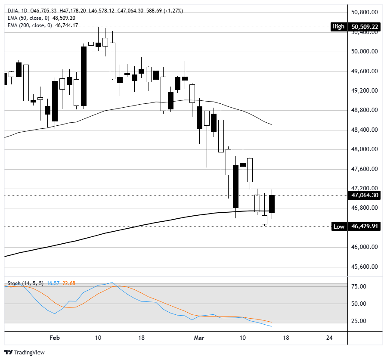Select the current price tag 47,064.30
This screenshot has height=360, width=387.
(x=365, y=196)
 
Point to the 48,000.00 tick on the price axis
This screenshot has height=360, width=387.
(x=365, y=149)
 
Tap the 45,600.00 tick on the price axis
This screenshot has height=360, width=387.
(x=365, y=267)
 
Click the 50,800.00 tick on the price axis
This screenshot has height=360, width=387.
(x=365, y=12)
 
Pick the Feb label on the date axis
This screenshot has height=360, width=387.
(x=54, y=338)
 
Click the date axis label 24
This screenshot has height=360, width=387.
(x=329, y=338)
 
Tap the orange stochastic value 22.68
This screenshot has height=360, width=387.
(x=69, y=283)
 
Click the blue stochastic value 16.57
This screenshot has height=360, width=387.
(x=53, y=283)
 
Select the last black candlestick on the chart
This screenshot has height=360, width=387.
(x=272, y=204)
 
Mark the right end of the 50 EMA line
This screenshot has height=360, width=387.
(x=272, y=125)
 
